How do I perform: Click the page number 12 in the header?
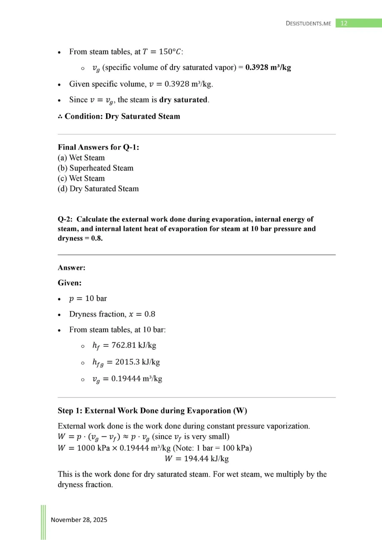(x=344, y=23)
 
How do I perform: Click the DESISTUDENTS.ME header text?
(x=308, y=23)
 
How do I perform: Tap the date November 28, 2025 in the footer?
(x=79, y=520)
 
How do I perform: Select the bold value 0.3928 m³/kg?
(x=268, y=68)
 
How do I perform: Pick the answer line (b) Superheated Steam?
(x=95, y=168)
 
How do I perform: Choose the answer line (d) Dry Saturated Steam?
(x=98, y=189)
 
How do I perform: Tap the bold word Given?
(x=69, y=283)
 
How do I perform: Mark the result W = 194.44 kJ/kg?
(x=196, y=458)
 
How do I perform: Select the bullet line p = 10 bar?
(x=88, y=298)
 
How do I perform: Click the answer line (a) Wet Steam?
(x=81, y=158)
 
